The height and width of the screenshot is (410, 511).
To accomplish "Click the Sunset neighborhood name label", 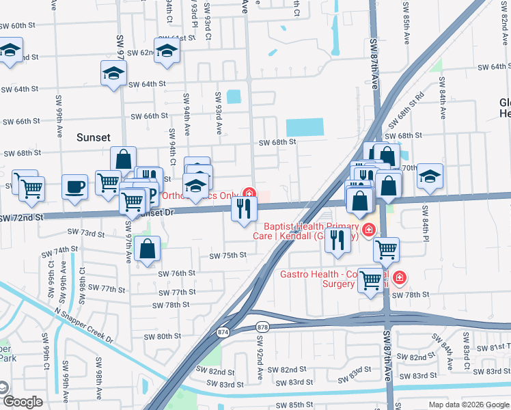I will point(93,137).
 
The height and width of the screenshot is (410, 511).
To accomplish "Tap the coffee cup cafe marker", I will point(74,187).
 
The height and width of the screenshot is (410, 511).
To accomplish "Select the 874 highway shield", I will point(223,332).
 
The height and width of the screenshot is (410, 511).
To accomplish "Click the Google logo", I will point(22,402).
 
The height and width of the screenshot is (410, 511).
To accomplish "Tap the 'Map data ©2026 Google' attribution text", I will point(468,405).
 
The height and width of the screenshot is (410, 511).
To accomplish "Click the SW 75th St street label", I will point(227,256).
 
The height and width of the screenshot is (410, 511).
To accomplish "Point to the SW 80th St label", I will point(161,336).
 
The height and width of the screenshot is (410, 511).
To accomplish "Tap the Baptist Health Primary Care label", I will point(311,231).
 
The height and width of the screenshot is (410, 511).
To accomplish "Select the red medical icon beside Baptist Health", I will point(369,230).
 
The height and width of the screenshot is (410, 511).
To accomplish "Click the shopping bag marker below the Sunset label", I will point(123,159).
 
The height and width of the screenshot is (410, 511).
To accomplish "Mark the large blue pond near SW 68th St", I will point(305,127).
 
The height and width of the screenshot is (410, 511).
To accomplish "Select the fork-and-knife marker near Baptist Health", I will point(337,241).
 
